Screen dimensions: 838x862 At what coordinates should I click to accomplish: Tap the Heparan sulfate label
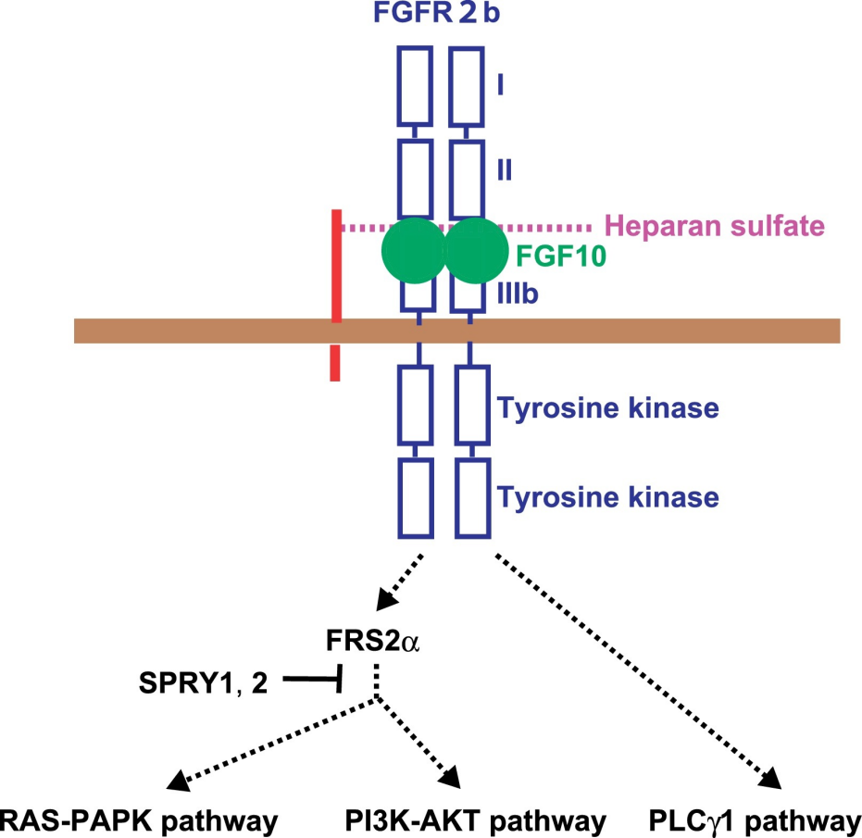(x=714, y=225)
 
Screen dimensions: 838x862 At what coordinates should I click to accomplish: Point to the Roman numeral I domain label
(x=500, y=85)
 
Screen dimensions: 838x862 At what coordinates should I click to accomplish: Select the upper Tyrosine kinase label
(x=608, y=408)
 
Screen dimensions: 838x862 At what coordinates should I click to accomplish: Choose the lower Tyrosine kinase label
(x=608, y=497)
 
